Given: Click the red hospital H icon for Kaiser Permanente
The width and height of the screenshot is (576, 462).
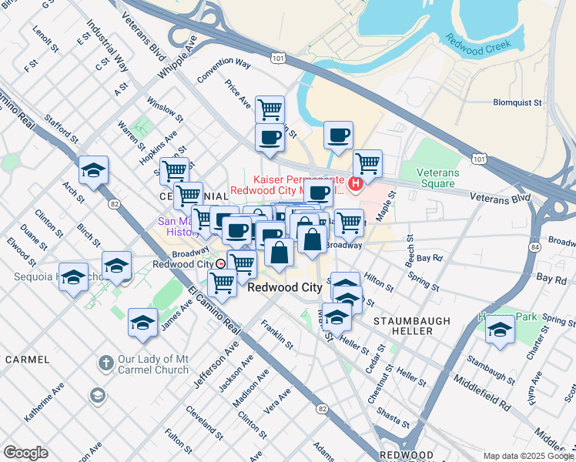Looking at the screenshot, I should pyautogui.click(x=356, y=182).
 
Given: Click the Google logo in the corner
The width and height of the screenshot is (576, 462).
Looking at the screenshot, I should pyautogui.click(x=25, y=453).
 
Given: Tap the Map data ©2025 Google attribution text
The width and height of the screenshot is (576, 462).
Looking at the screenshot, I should pyautogui.click(x=528, y=456).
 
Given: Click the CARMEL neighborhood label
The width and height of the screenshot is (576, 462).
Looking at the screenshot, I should pyautogui.click(x=28, y=360).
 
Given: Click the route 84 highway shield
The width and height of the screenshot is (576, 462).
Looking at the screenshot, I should pyautogui.click(x=534, y=246).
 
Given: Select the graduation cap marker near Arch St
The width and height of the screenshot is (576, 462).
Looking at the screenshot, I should pyautogui.click(x=93, y=169).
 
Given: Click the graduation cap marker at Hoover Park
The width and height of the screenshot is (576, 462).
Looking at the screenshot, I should pyautogui.click(x=500, y=329).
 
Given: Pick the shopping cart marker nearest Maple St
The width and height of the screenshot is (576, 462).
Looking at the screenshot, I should pyautogui.click(x=368, y=162).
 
